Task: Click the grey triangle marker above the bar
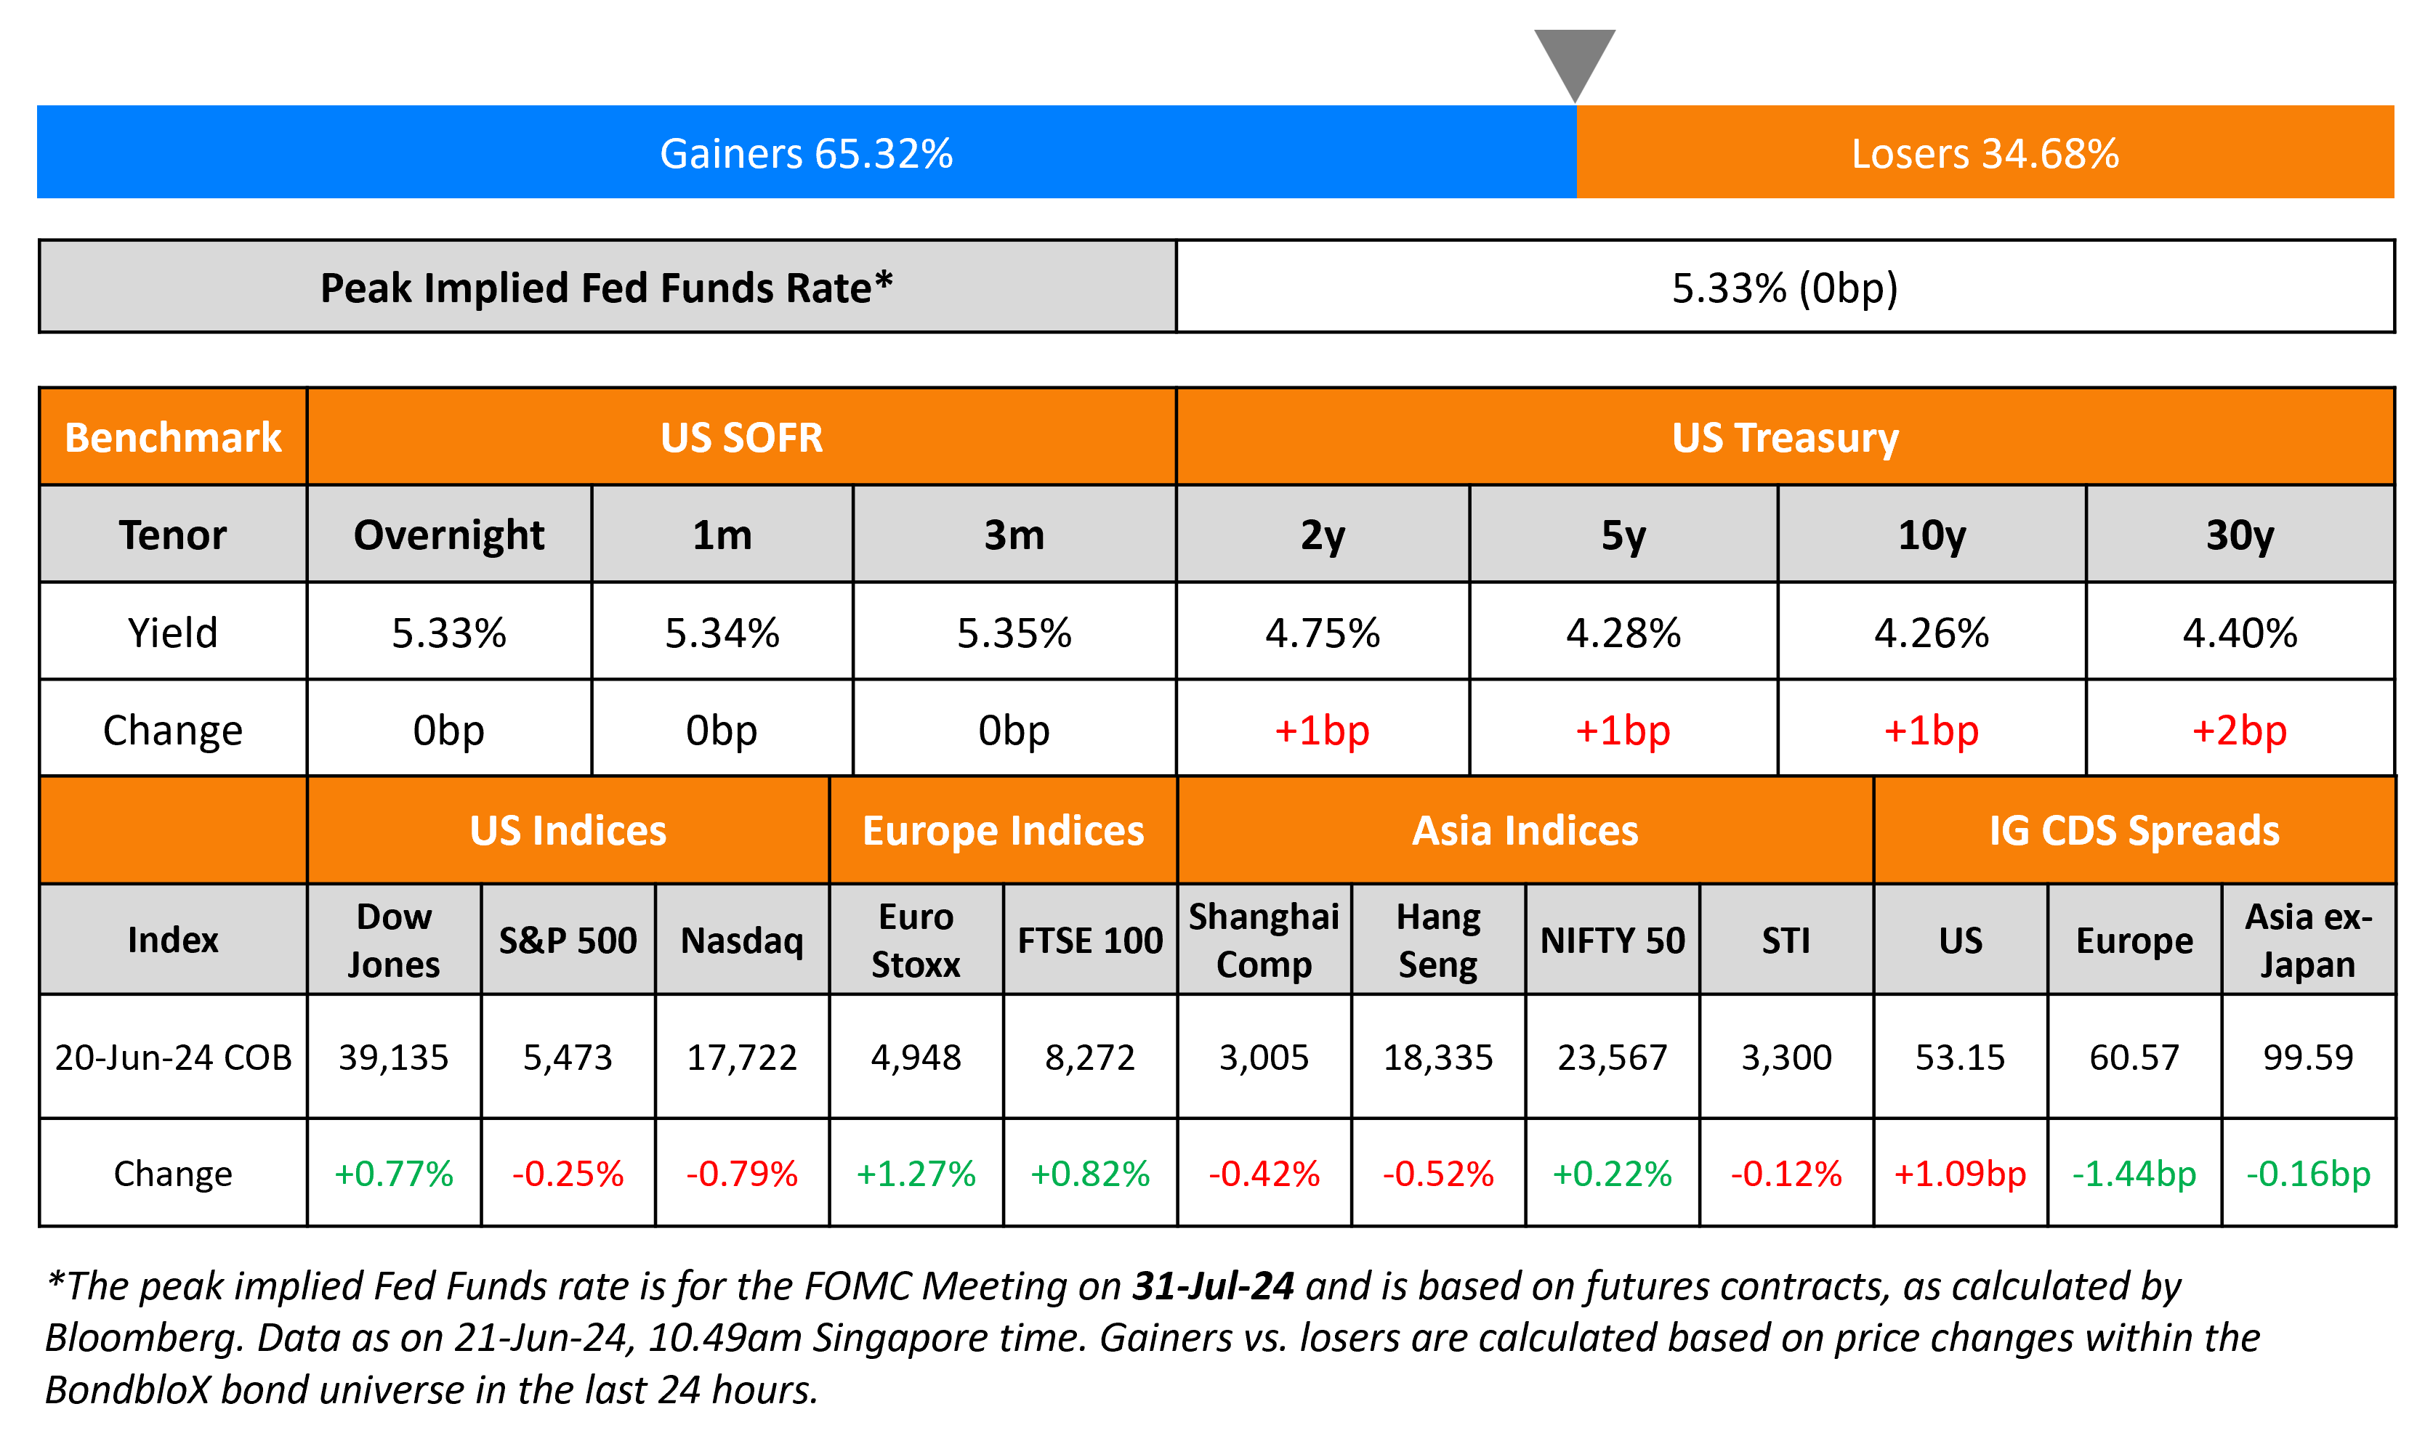(1575, 58)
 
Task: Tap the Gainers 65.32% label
(806, 153)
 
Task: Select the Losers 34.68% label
(1985, 153)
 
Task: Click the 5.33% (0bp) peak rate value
(1784, 288)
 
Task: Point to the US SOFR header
(741, 437)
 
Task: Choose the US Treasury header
(1784, 437)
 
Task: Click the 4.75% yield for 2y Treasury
(1322, 633)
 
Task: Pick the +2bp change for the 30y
(2239, 730)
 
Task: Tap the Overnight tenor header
(448, 535)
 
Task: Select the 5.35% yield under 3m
(1014, 633)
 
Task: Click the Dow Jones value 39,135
(393, 1057)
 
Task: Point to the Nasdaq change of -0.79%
(742, 1173)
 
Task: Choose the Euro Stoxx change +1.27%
(915, 1173)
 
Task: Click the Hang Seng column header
(1437, 940)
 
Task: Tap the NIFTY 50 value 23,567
(1613, 1057)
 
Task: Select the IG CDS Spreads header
(2134, 830)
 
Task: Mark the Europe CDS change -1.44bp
(2134, 1173)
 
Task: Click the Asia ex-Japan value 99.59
(2308, 1057)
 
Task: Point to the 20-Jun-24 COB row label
(173, 1057)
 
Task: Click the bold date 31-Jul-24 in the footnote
(1213, 1286)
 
